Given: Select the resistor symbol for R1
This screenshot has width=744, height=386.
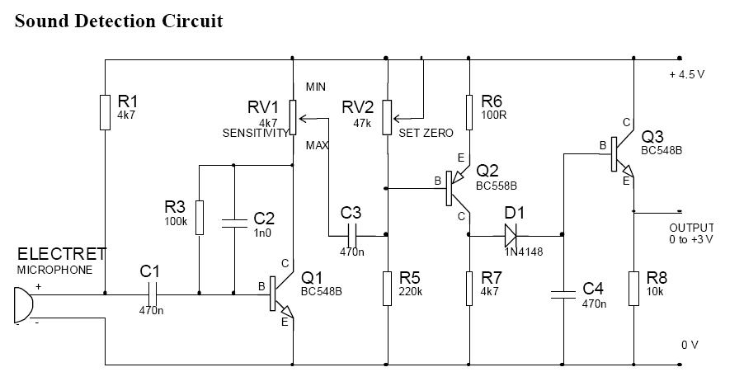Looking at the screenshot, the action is (x=105, y=112).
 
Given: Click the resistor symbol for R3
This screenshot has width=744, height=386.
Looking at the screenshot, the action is (x=200, y=218).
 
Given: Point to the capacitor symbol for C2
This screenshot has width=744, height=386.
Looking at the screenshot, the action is (x=234, y=224).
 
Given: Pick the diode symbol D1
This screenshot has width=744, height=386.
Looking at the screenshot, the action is (x=510, y=235).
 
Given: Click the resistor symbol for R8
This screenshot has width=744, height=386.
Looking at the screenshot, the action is (x=634, y=289).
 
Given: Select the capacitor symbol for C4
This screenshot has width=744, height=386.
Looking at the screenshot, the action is (x=563, y=294).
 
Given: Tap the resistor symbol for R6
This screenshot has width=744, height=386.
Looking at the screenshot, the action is (x=469, y=112).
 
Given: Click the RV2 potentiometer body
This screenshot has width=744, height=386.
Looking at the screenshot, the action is (x=388, y=118).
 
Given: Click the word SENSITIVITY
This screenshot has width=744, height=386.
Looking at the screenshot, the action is (x=255, y=134).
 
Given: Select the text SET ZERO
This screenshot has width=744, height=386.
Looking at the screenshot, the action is (x=426, y=134).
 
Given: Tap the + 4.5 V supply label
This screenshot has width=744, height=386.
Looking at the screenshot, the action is (x=686, y=74).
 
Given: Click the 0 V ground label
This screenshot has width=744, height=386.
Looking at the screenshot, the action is (x=690, y=345).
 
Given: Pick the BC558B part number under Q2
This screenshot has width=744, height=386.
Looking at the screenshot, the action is (x=497, y=186).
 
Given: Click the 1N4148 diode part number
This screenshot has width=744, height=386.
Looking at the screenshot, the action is (x=524, y=252).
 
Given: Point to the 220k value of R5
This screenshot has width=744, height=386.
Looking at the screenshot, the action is (x=411, y=291).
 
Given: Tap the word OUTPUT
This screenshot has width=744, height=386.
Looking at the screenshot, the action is (x=691, y=228).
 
